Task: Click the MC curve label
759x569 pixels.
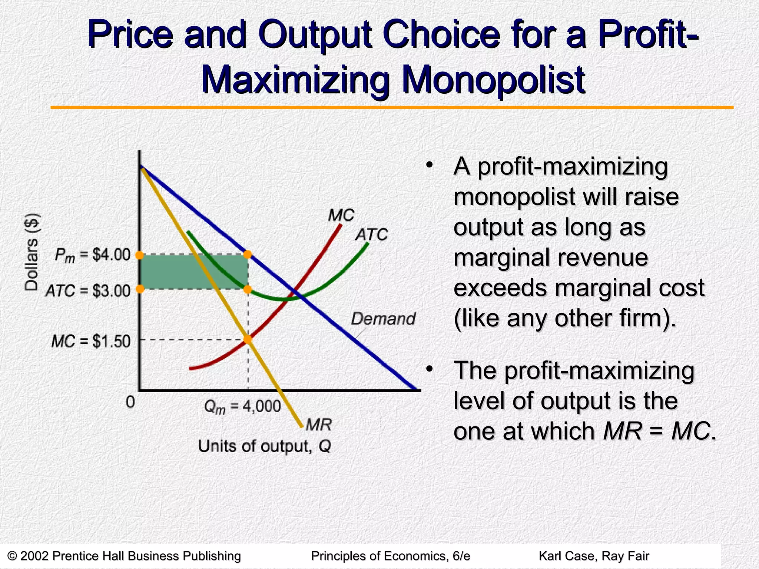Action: [341, 216]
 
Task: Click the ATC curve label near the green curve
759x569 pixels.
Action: [371, 234]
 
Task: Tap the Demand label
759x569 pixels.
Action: [383, 319]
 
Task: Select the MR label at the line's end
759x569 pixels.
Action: [319, 425]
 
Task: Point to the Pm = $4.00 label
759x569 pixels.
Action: [93, 255]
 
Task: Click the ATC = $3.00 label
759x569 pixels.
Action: [88, 291]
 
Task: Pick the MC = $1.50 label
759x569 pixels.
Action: [91, 341]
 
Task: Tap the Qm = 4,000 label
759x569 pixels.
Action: [242, 407]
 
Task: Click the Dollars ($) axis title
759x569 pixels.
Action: [32, 252]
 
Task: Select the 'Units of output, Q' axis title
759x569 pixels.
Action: [265, 446]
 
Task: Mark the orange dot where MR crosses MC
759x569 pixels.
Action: [248, 339]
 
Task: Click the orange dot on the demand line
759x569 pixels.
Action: [248, 254]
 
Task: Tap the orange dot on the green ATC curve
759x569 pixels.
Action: [248, 289]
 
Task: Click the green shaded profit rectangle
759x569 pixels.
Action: [174, 272]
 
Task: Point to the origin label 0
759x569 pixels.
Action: [130, 402]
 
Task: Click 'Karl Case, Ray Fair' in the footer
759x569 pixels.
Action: [594, 556]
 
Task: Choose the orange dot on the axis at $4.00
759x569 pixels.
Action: [139, 255]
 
